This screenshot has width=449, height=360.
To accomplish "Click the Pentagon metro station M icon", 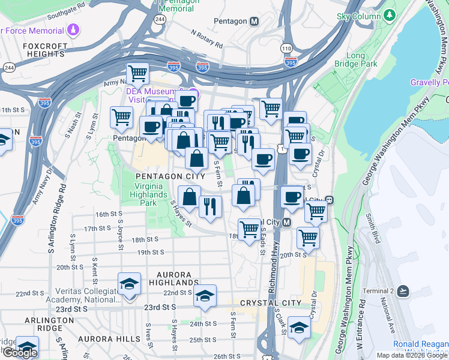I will [255, 22].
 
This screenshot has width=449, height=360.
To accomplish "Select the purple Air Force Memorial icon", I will [73, 29].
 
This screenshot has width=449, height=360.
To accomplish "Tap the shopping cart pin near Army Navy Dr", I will [138, 73].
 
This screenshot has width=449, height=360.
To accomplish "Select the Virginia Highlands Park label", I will [145, 195].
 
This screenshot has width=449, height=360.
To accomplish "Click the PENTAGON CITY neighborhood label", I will [166, 176].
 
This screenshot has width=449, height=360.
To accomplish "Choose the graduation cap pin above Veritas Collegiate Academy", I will [129, 284].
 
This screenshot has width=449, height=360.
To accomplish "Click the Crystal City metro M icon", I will [286, 223].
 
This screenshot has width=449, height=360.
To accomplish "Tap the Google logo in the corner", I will [20, 353].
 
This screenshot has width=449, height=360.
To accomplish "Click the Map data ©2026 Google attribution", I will [412, 355].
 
